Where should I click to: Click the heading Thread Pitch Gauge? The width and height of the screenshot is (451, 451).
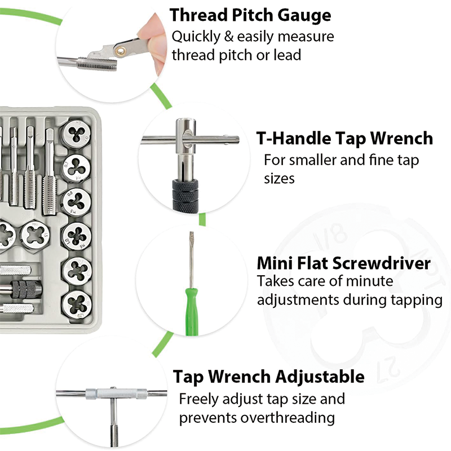250,15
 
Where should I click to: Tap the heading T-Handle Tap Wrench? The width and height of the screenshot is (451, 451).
344,138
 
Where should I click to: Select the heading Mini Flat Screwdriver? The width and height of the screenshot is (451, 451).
344,263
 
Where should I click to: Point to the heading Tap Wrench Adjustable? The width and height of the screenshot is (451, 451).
268,376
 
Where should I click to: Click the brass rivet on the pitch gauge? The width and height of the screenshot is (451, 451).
120,52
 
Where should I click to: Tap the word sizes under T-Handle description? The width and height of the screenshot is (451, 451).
280,179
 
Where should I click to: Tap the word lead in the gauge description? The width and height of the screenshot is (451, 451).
286,55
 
